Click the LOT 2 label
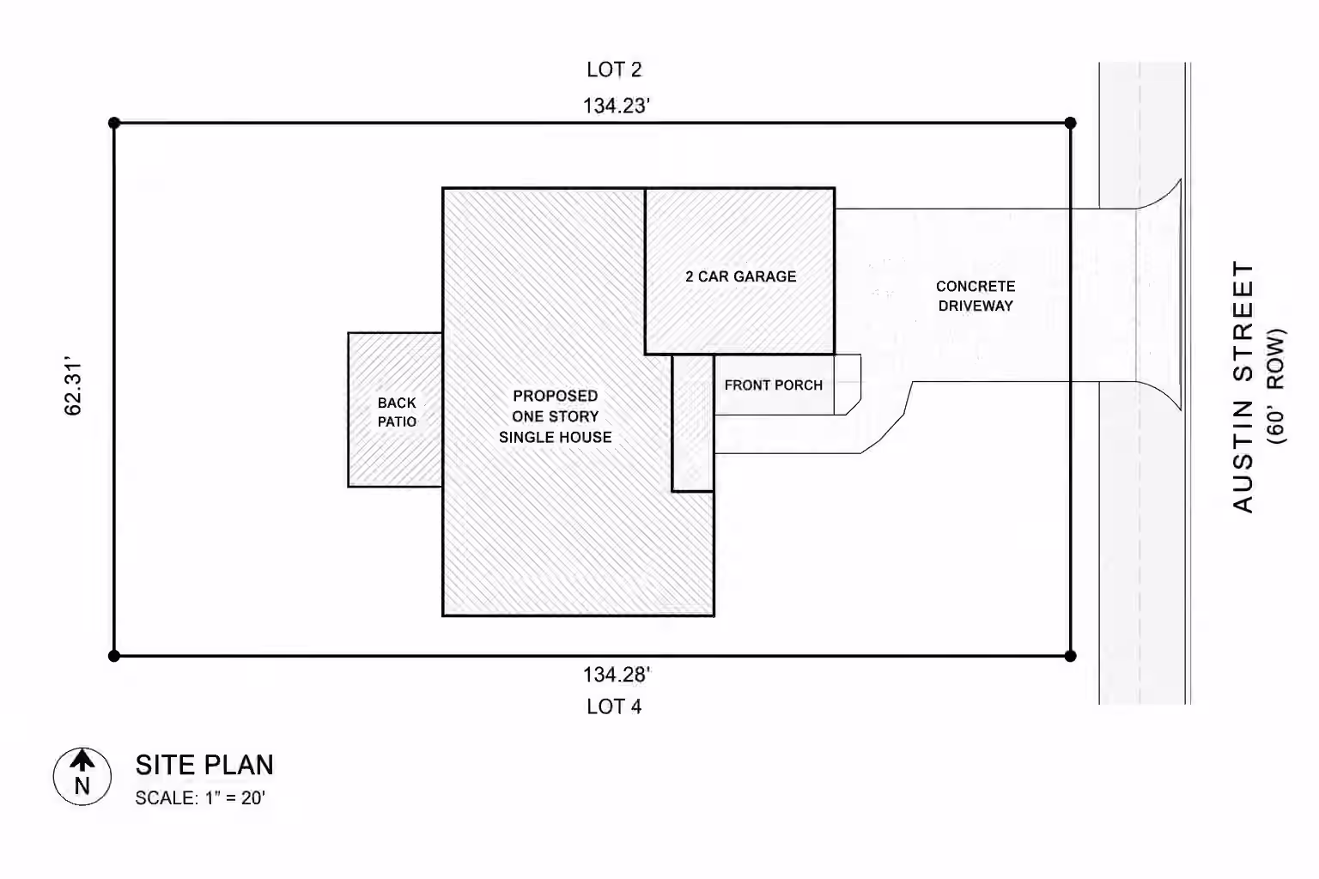(614, 70)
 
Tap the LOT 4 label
(614, 706)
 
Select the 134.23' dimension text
(617, 106)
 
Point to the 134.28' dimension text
(617, 675)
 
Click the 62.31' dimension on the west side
(73, 385)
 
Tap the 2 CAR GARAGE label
(741, 276)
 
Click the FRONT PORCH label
(774, 385)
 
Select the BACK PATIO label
(397, 412)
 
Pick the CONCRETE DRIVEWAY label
(976, 296)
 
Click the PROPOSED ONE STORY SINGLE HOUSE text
(556, 416)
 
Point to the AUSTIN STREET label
(1243, 387)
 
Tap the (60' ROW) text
(1275, 386)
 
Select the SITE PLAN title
(205, 766)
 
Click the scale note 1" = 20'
(235, 798)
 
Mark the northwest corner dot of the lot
(114, 123)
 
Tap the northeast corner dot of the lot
(1071, 123)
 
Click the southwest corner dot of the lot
(114, 656)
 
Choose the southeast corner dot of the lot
(1071, 656)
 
